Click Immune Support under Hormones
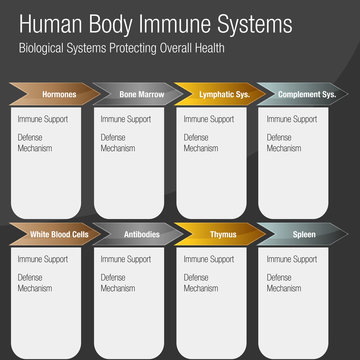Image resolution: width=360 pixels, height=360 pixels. point(40,118)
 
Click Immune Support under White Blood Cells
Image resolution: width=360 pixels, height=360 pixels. point(40,259)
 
